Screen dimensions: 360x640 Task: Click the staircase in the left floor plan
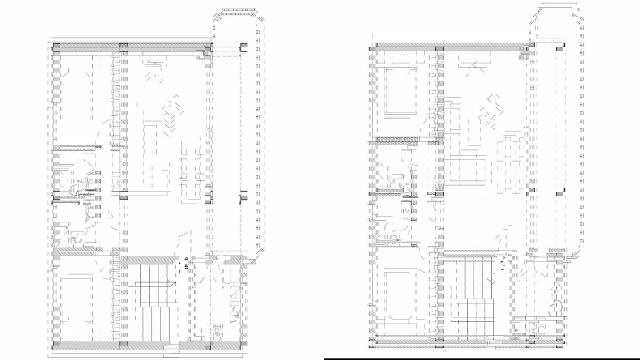(x=151, y=301)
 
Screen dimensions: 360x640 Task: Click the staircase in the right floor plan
(x=478, y=299)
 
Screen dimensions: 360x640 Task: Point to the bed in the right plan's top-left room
(x=401, y=91)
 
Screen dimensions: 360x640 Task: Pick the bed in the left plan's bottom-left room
(x=78, y=299)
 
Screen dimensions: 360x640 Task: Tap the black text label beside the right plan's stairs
(x=502, y=263)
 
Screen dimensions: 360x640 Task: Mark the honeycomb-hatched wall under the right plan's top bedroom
(x=397, y=140)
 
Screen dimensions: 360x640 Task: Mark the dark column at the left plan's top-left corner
(x=56, y=47)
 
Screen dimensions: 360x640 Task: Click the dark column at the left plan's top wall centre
(x=124, y=47)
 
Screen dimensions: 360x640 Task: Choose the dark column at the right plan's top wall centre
(x=439, y=49)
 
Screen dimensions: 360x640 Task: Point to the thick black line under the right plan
(x=480, y=359)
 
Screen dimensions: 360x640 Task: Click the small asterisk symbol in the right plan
(x=516, y=331)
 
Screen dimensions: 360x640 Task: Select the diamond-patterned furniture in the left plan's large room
(x=172, y=112)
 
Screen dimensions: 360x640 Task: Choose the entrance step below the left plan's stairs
(x=171, y=348)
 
